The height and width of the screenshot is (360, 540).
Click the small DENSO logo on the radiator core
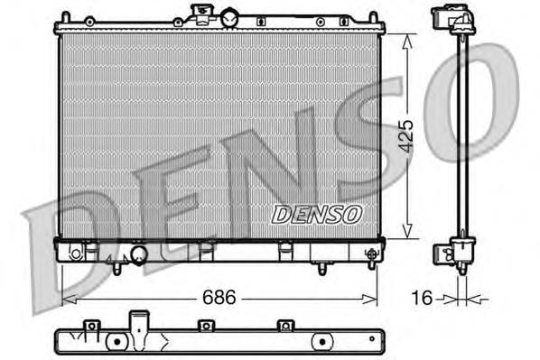coord(316,214)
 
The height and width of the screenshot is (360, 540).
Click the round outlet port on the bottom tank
coord(138,257)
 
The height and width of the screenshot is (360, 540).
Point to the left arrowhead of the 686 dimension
coord(66,296)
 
